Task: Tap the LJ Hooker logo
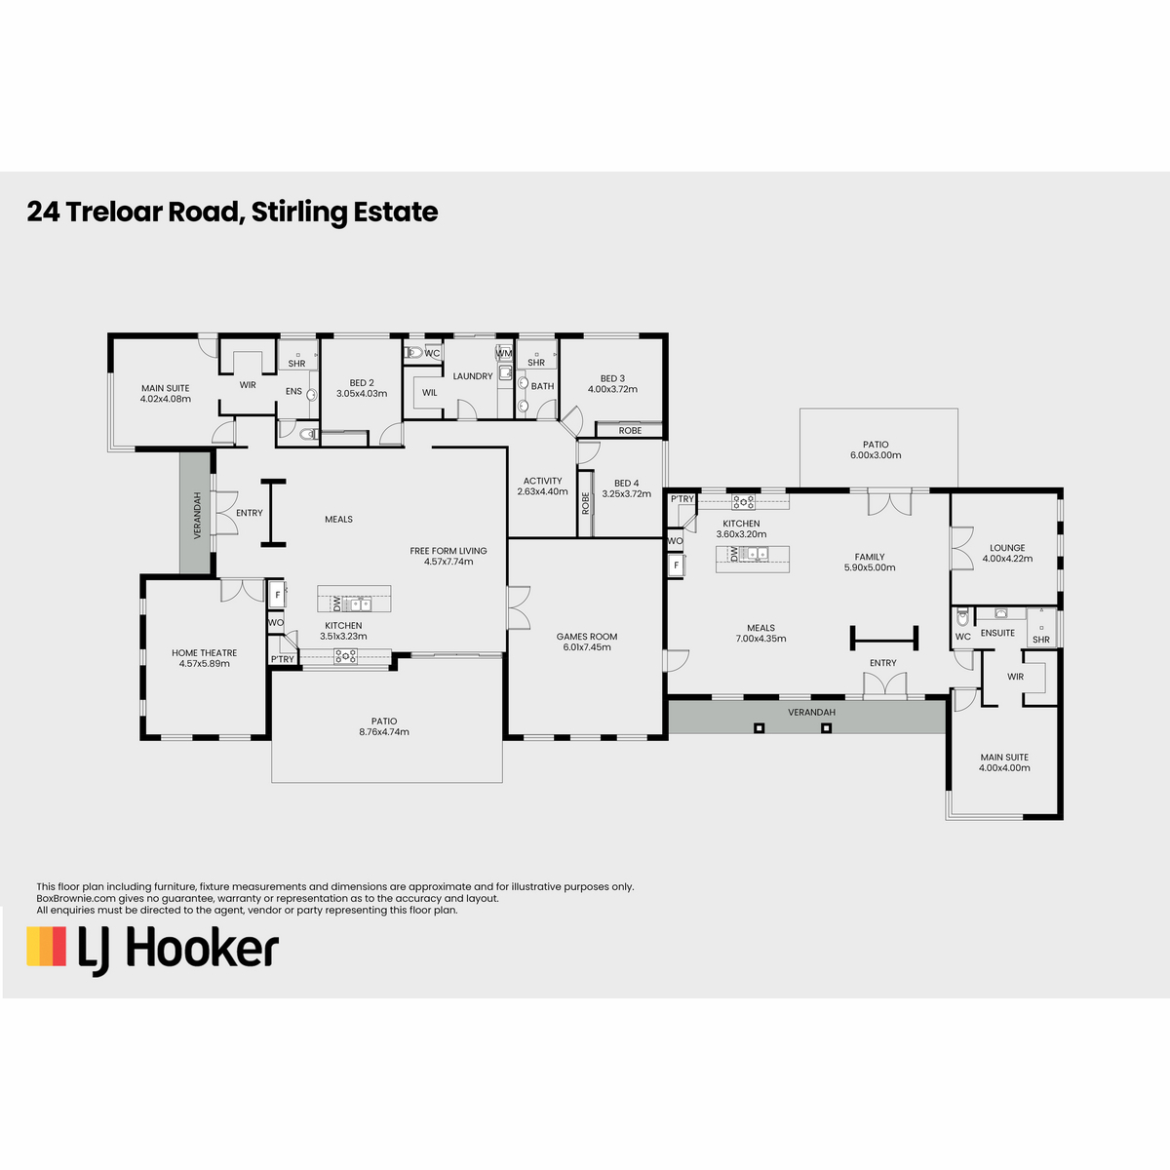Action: [x=152, y=950]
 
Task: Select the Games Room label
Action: [x=587, y=637]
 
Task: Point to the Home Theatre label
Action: [x=204, y=652]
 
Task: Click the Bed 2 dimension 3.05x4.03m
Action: [x=362, y=394]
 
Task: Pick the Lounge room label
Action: [x=1007, y=548]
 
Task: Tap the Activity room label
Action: [x=543, y=481]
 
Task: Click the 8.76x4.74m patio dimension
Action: [x=384, y=731]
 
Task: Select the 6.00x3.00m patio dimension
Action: [x=876, y=454]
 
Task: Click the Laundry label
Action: [x=472, y=376]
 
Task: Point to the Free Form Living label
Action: [x=448, y=551]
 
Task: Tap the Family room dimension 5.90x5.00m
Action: [x=870, y=567]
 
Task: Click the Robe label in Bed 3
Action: [x=630, y=431]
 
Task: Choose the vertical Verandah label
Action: [x=197, y=516]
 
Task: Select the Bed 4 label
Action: [x=627, y=484]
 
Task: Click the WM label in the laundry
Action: [x=504, y=353]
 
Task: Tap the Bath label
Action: [x=542, y=386]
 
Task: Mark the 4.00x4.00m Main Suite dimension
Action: [x=1004, y=767]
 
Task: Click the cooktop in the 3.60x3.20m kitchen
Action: [x=743, y=501]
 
